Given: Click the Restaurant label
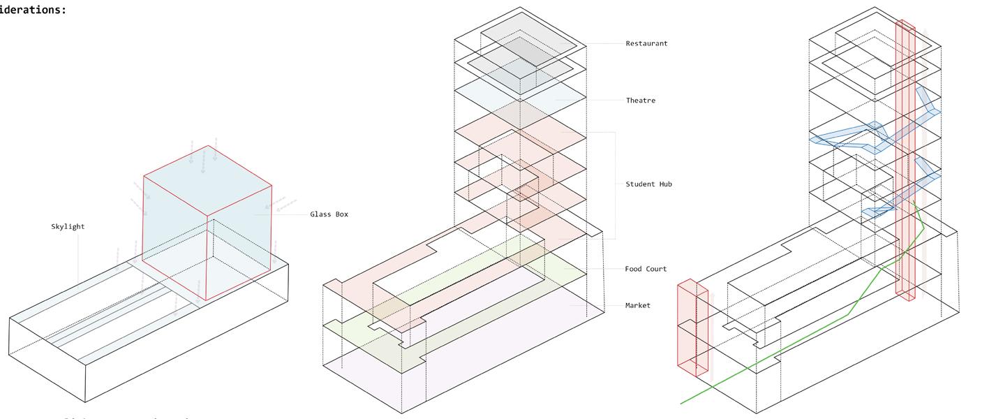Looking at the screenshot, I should click(646, 43).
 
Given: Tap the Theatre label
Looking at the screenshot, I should click(640, 101).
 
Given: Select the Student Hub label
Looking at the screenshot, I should click(648, 184).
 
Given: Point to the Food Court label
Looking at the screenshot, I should click(646, 269).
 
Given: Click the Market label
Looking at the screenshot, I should click(637, 305).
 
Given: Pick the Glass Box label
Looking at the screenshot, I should click(329, 214).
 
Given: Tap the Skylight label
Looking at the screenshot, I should click(68, 227).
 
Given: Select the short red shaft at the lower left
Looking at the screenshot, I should click(692, 328).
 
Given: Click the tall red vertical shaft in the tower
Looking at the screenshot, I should click(905, 161).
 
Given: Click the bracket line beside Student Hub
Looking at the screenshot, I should click(614, 184).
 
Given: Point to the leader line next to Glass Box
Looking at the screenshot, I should click(286, 214).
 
